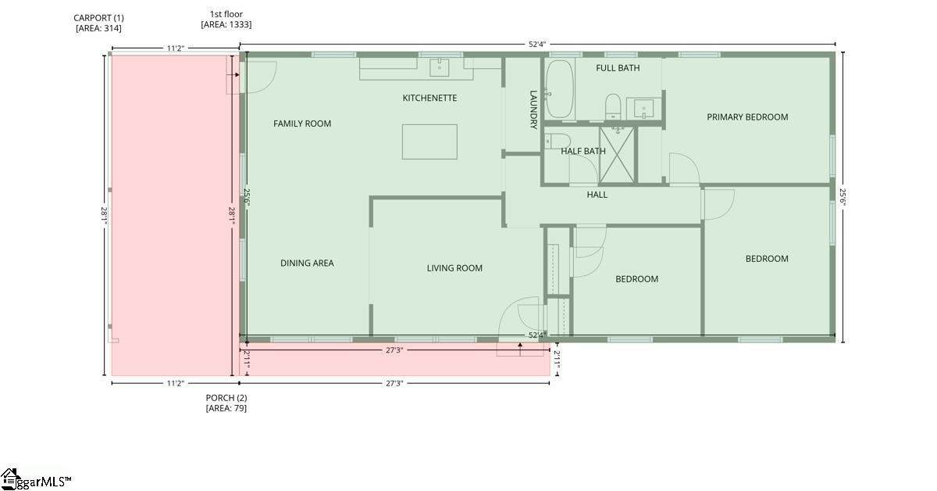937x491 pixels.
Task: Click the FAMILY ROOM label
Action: click(302, 124)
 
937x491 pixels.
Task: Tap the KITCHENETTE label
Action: click(429, 98)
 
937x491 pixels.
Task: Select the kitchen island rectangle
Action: click(429, 142)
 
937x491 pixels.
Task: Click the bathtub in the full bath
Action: click(559, 88)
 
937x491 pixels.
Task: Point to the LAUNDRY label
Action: click(534, 109)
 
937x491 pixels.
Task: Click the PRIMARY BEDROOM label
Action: click(747, 117)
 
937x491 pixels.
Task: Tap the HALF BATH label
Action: click(583, 152)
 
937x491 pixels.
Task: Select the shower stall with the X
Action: click(618, 154)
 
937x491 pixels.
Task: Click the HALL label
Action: click(597, 195)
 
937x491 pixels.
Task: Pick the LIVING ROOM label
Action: click(454, 268)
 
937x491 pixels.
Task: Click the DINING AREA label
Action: click(307, 263)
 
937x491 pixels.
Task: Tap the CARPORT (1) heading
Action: click(98, 17)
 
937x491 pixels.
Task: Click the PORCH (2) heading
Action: click(226, 398)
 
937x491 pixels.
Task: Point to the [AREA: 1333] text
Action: click(226, 25)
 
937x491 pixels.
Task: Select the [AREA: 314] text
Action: click(98, 28)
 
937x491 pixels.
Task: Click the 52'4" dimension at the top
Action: click(536, 45)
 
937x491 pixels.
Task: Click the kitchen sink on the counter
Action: click(440, 67)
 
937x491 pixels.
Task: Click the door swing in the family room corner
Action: click(261, 77)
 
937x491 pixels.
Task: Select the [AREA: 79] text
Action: click(226, 408)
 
